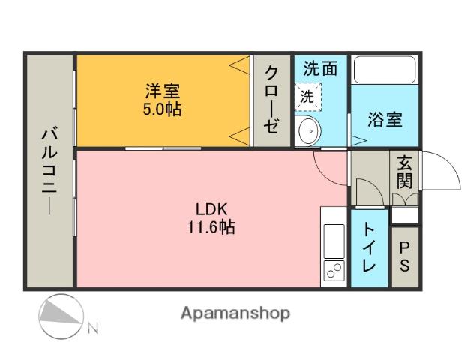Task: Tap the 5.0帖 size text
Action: point(163,109)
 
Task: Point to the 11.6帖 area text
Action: point(211,226)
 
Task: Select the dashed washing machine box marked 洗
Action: point(308,96)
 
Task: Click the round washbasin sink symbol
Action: point(309,132)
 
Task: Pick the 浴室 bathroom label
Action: point(385,120)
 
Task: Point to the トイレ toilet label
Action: point(369,247)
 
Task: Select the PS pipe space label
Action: point(405,256)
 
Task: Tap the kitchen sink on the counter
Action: point(333,238)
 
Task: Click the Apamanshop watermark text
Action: point(235,313)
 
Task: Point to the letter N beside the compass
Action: point(93,327)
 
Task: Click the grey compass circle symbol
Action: point(59,316)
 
